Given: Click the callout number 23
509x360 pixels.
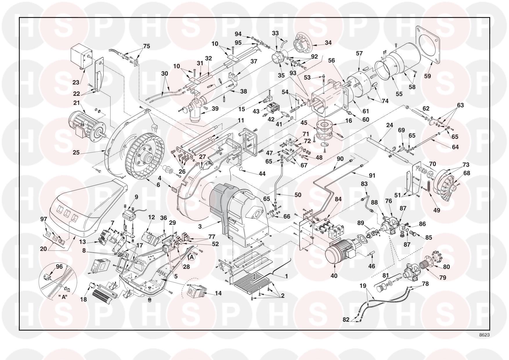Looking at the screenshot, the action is [76, 82].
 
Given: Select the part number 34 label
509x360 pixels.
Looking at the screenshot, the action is [328, 43].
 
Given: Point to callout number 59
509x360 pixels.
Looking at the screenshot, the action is [427, 76].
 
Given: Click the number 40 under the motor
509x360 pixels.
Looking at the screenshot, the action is [334, 276].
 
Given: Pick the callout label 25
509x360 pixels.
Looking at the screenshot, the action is [76, 152].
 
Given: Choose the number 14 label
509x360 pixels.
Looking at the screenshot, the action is [218, 293].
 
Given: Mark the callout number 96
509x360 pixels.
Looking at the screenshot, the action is [59, 267].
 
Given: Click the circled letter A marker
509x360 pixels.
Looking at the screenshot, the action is [192, 257].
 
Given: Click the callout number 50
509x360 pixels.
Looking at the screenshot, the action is [298, 195].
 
